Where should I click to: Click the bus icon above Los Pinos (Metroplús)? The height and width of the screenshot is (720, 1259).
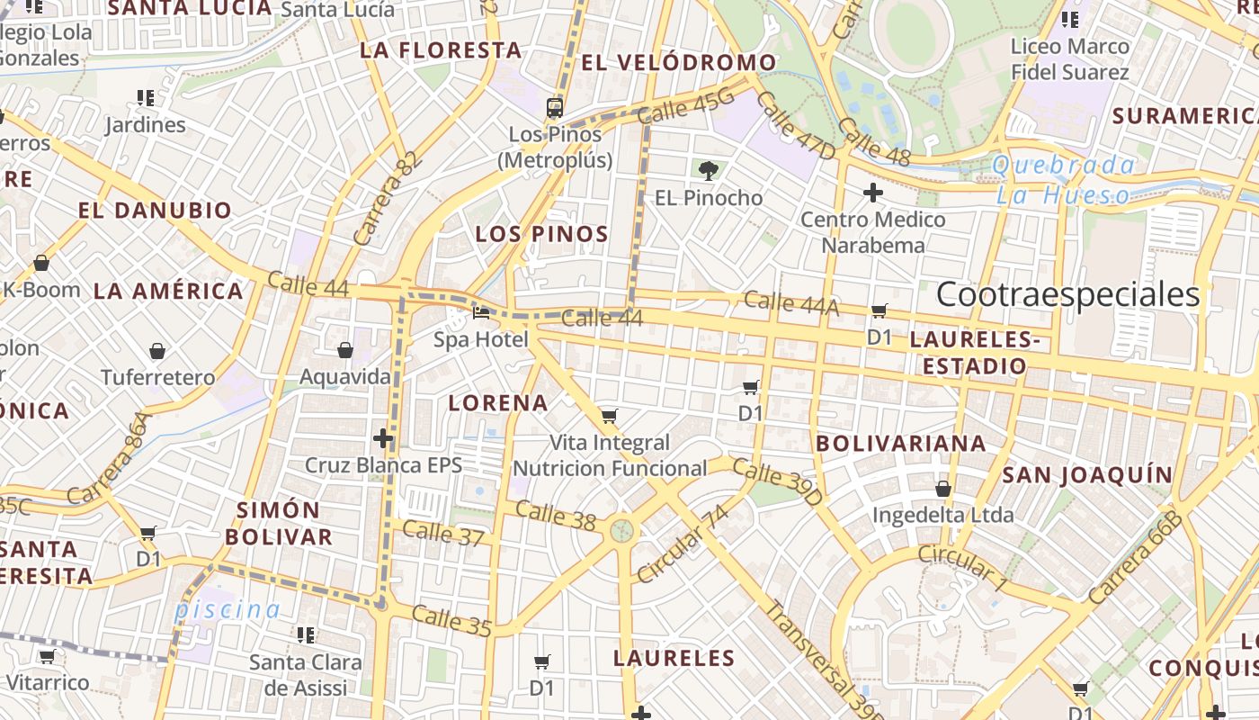click(555, 108)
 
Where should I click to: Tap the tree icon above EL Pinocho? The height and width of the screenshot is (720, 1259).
click(709, 170)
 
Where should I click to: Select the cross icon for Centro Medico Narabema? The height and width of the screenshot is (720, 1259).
click(872, 192)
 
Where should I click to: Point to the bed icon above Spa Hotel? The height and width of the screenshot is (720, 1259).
click(481, 314)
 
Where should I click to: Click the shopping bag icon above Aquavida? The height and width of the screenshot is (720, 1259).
click(345, 350)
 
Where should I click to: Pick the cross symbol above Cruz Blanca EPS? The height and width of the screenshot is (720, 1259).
click(383, 439)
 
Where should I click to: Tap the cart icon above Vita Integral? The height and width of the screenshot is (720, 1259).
click(610, 416)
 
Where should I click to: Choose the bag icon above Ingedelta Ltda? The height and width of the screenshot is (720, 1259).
click(942, 489)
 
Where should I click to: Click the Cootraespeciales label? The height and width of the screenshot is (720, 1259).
click(1068, 295)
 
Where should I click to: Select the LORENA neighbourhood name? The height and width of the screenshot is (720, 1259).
click(498, 403)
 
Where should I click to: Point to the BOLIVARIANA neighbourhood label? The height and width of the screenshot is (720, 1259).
click(900, 444)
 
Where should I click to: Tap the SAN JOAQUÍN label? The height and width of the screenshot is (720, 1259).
click(1087, 475)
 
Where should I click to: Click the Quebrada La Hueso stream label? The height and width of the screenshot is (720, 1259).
click(1064, 180)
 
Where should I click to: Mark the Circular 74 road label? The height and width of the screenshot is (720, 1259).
click(682, 544)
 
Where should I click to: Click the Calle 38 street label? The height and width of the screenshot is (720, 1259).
click(556, 516)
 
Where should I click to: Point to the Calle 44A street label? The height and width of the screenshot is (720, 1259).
click(791, 304)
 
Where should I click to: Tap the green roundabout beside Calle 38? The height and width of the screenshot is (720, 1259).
click(621, 529)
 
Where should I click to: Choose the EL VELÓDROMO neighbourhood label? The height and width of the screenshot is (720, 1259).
click(679, 63)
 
